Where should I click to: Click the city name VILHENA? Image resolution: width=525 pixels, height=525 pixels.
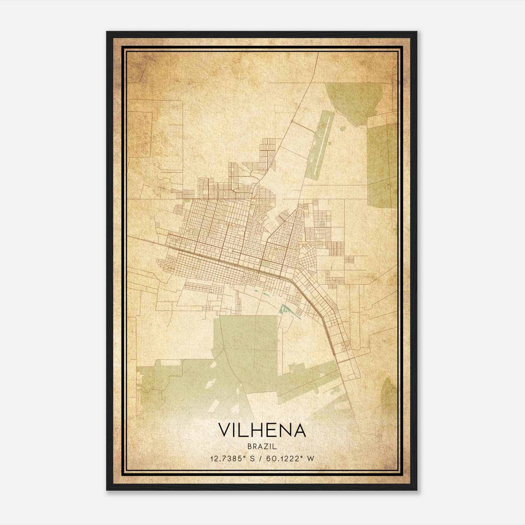tap(262, 430)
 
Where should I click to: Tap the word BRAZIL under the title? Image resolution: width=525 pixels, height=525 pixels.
tap(262, 446)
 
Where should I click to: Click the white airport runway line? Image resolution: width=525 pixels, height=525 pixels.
tap(321, 144)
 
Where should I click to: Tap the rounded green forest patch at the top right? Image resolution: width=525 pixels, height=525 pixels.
tap(353, 98)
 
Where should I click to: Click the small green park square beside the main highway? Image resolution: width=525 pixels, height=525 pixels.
tap(265, 263)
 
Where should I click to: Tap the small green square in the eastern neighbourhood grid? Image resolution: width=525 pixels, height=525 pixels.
tap(322, 224)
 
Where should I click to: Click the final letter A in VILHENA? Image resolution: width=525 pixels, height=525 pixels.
tap(300, 430)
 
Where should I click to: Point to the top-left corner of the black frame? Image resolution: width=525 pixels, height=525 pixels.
tap(107, 32)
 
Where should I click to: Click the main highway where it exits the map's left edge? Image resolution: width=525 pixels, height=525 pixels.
tap(129, 237)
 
